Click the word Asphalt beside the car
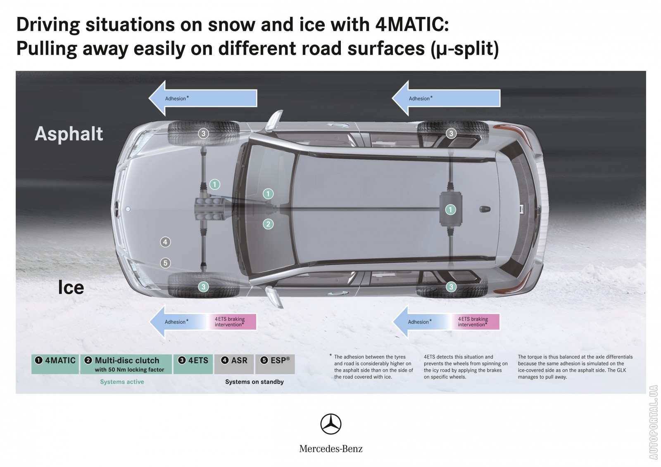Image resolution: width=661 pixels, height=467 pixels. (x=69, y=134)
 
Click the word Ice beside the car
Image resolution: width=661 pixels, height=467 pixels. (x=71, y=288)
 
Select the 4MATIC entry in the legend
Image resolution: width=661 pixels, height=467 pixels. (x=55, y=364)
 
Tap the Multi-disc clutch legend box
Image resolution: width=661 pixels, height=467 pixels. (x=126, y=364)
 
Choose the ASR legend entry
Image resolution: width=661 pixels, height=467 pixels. (x=234, y=364)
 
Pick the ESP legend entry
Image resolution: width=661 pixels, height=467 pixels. (x=275, y=364)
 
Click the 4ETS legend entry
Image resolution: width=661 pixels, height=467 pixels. (x=193, y=364)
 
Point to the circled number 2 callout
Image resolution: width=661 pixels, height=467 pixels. (x=268, y=224)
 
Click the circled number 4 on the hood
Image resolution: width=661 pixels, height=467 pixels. (x=165, y=242)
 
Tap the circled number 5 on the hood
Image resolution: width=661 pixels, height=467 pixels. (x=165, y=263)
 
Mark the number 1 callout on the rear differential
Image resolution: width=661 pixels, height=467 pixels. (x=450, y=210)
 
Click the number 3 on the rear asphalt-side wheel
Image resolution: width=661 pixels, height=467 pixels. (x=451, y=133)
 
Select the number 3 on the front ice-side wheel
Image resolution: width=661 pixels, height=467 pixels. (x=203, y=287)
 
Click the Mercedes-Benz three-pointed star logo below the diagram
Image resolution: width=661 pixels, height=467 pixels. (x=331, y=424)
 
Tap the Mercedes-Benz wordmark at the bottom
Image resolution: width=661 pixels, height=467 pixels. (x=331, y=449)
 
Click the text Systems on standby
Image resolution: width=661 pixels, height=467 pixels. (x=254, y=382)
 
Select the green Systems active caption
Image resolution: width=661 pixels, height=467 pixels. (x=122, y=382)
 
